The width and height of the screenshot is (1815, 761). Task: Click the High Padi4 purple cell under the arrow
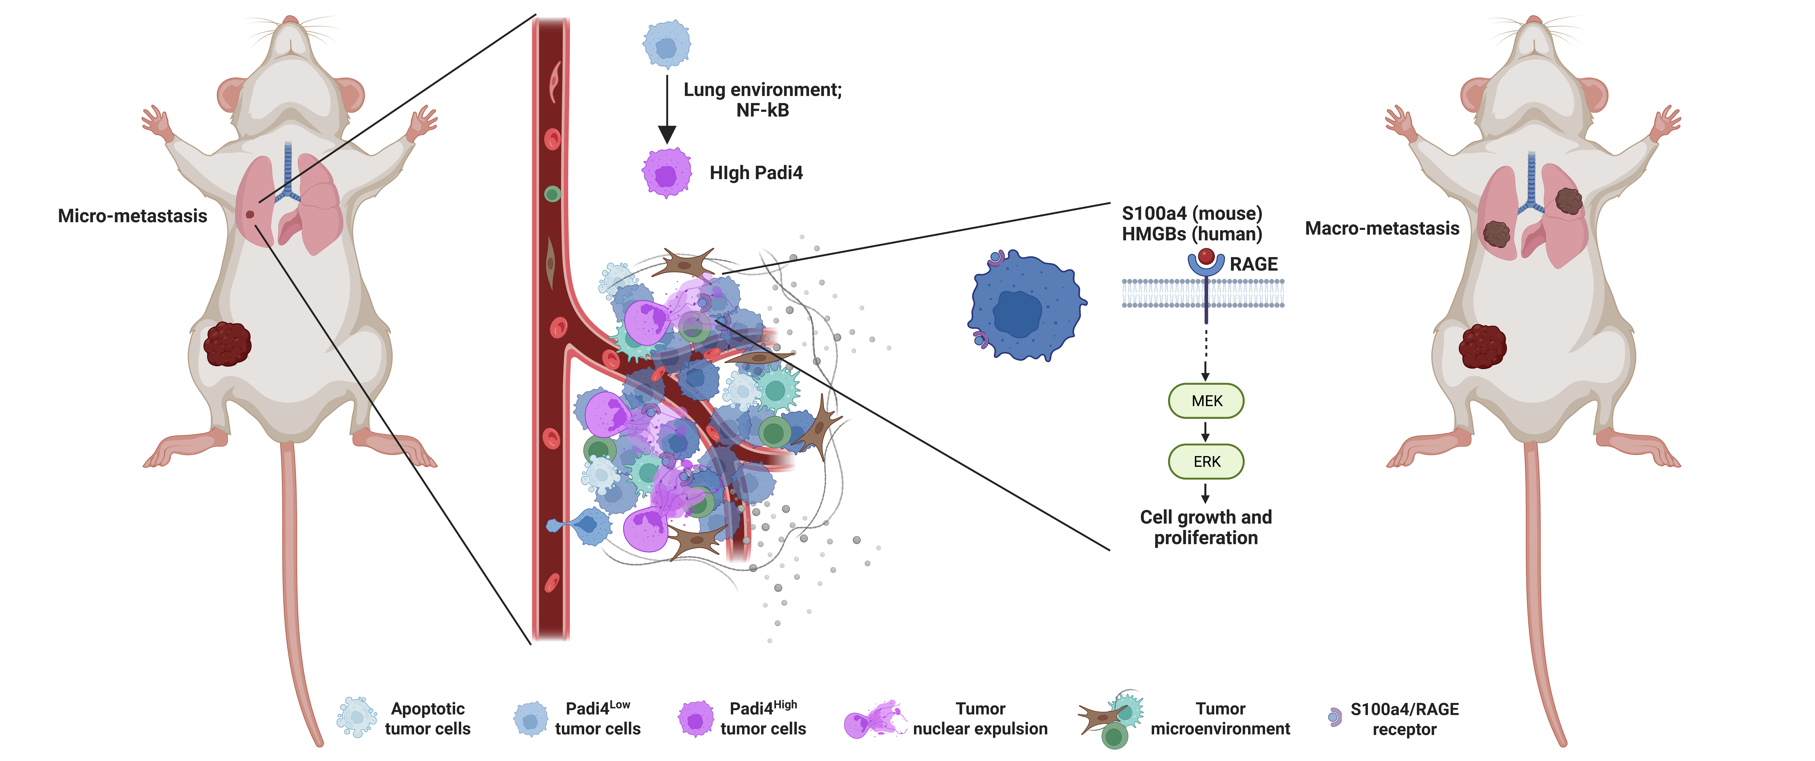click(x=666, y=173)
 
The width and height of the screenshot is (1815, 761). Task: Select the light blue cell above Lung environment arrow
click(x=666, y=44)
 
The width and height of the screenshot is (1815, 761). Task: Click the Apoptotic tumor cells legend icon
click(x=357, y=717)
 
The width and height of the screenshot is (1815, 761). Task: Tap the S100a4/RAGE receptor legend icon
click(x=1334, y=717)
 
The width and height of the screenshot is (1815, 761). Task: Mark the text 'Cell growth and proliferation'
click(x=1206, y=527)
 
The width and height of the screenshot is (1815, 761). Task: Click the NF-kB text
click(x=762, y=111)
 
